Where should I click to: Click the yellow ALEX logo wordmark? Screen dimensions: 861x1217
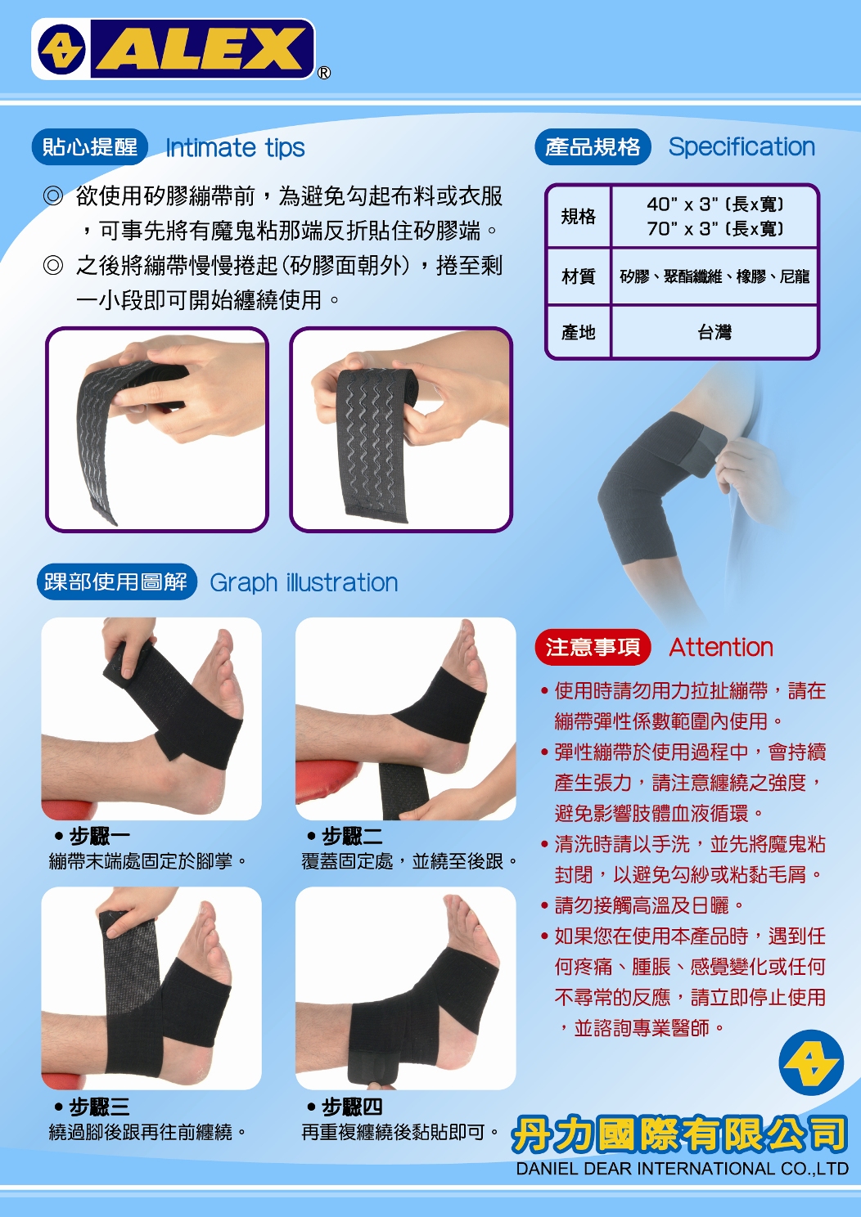202,49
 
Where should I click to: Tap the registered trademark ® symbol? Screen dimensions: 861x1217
323,73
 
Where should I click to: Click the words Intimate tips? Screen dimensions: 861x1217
235,148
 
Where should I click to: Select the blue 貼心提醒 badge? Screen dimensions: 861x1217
90,146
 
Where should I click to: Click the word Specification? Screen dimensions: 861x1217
742,146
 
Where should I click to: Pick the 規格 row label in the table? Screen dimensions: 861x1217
579,216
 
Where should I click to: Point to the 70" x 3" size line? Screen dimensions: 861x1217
714,229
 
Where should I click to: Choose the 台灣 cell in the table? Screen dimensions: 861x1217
714,331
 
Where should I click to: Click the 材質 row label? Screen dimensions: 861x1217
579,276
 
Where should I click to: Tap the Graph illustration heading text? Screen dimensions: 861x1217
304,582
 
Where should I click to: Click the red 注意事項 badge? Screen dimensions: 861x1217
593,647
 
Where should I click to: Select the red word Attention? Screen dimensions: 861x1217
721,647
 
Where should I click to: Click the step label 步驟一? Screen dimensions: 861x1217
100,836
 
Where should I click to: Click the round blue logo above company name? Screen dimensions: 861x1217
811,1062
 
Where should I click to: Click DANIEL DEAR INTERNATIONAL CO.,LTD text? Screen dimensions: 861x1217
682,1168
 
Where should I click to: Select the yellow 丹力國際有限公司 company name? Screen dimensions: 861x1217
679,1134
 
